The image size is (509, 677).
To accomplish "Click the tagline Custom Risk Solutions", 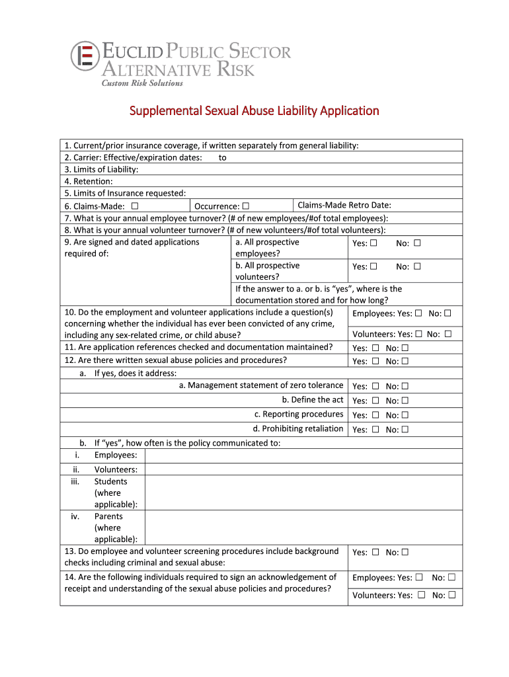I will [141, 83].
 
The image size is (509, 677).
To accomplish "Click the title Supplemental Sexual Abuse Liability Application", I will [254, 110].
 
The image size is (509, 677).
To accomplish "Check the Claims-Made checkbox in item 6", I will [135, 206].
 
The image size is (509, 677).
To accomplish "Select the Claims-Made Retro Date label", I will [344, 205].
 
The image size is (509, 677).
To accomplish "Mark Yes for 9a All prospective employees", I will [373, 243].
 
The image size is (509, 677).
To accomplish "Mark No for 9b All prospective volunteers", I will [417, 267].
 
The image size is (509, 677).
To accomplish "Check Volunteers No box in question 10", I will [448, 335].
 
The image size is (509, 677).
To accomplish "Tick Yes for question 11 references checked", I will [375, 348].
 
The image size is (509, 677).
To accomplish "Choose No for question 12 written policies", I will [405, 362].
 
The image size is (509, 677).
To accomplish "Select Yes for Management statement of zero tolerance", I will [375, 387].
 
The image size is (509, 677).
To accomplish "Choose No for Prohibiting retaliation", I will [405, 430].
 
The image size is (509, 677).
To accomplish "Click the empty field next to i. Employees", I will [303, 456].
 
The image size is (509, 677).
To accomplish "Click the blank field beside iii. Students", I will [303, 493].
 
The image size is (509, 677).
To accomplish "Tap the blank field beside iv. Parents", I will [303, 528].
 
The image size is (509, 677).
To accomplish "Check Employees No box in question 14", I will [451, 578].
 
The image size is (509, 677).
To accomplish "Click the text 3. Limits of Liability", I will [101, 169].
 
